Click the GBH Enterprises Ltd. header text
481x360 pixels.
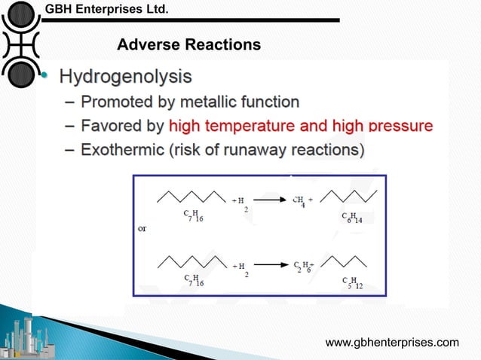point(106,10)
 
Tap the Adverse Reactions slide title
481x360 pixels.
point(189,46)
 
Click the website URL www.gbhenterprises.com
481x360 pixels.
point(391,343)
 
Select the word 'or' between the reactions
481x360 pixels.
point(142,229)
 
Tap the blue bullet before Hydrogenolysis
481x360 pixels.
point(44,77)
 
